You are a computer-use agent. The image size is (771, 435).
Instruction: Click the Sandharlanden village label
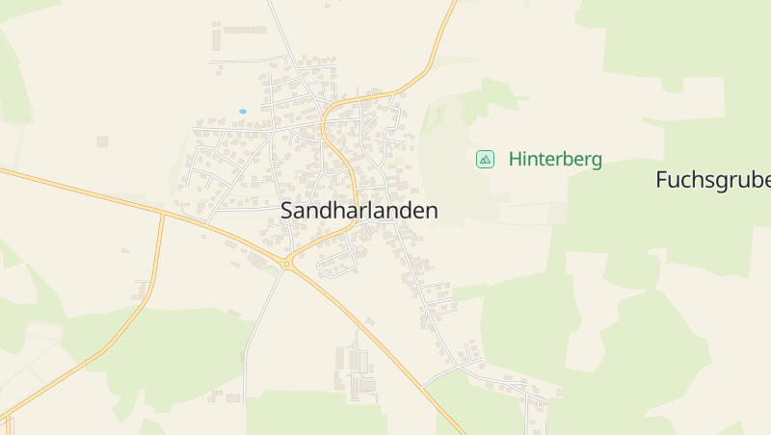point(359,211)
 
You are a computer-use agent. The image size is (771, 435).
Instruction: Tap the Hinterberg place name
point(555,160)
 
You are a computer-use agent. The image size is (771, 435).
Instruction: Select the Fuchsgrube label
point(712,180)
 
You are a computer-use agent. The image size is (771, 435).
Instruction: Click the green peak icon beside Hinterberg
point(485,159)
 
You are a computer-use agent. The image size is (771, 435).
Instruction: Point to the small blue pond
point(243,112)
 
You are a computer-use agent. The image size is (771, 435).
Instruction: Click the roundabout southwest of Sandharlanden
point(286,263)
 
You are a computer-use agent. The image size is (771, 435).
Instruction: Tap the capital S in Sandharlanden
point(287,211)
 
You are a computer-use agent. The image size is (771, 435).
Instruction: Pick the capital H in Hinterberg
point(516,159)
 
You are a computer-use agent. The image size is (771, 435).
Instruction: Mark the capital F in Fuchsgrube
point(661,180)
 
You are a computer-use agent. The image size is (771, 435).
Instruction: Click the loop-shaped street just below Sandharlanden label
point(337,262)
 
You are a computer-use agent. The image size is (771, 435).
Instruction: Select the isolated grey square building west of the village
point(102,141)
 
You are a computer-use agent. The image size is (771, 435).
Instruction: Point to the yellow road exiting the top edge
point(451,8)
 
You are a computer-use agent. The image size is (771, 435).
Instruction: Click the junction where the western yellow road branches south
point(164,214)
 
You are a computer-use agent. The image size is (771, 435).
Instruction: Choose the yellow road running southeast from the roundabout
point(376,337)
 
